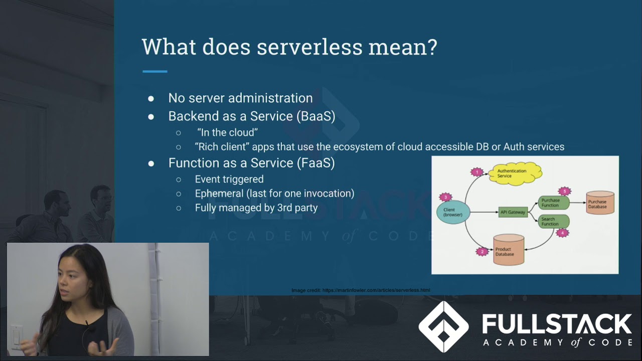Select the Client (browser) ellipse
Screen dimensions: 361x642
pos(453,212)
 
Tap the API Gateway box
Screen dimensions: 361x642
pos(513,212)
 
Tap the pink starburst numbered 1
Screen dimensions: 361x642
pos(477,172)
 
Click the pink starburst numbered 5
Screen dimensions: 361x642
pos(565,191)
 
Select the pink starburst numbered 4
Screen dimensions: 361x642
pos(563,233)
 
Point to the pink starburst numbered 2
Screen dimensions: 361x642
pos(482,251)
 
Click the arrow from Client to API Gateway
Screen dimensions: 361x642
pos(484,212)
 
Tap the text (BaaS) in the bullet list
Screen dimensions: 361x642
pos(315,116)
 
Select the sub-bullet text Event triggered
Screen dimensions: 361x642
pos(229,179)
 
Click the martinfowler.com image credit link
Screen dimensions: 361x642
pos(376,290)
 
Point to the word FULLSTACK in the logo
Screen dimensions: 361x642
pos(557,324)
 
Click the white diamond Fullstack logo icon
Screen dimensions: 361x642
pos(443,326)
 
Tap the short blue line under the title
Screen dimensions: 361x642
pos(154,72)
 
